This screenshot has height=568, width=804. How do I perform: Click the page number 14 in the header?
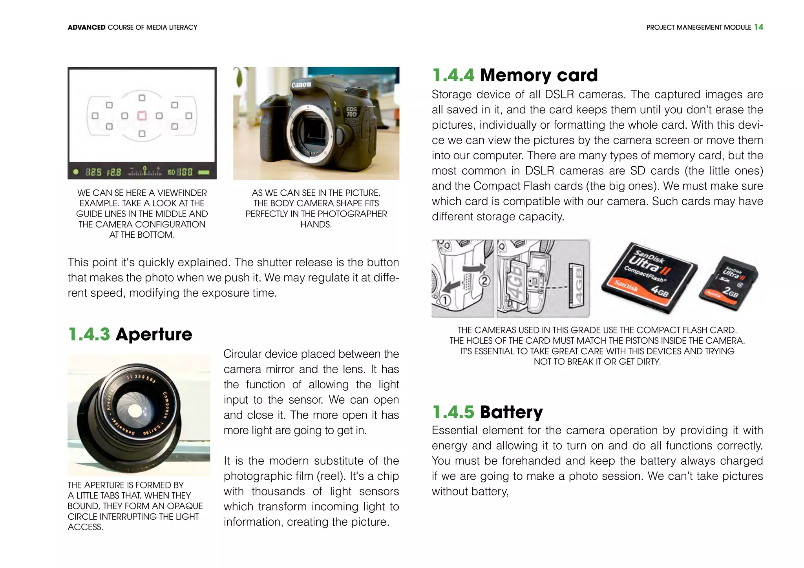point(758,27)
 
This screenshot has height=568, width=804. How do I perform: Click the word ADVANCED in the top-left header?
point(86,27)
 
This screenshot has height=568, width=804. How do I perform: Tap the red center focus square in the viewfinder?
point(142,115)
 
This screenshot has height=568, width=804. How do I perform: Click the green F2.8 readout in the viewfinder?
point(114,172)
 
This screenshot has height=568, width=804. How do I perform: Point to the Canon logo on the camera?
point(301,84)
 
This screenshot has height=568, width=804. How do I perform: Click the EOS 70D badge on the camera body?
point(351,112)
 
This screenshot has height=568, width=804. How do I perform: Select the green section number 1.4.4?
point(453,75)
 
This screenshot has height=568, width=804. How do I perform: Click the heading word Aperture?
point(154,334)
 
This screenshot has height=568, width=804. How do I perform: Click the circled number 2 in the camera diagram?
point(485,281)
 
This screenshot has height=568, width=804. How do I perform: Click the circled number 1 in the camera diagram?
point(445,301)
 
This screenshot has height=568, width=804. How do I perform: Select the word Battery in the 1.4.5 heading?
point(511,412)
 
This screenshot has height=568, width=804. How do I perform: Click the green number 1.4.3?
point(89,334)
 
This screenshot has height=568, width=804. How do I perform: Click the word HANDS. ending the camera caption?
point(316,224)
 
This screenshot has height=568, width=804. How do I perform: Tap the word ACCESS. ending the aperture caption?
point(85,527)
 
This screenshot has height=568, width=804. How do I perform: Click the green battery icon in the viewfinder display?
point(204,172)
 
